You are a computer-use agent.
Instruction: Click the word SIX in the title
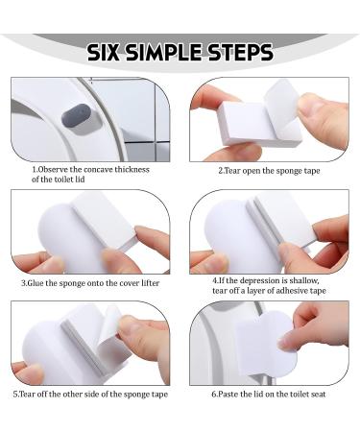(x=108, y=52)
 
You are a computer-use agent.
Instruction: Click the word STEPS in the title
(x=252, y=52)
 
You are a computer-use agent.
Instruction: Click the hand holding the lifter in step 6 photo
(x=322, y=326)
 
